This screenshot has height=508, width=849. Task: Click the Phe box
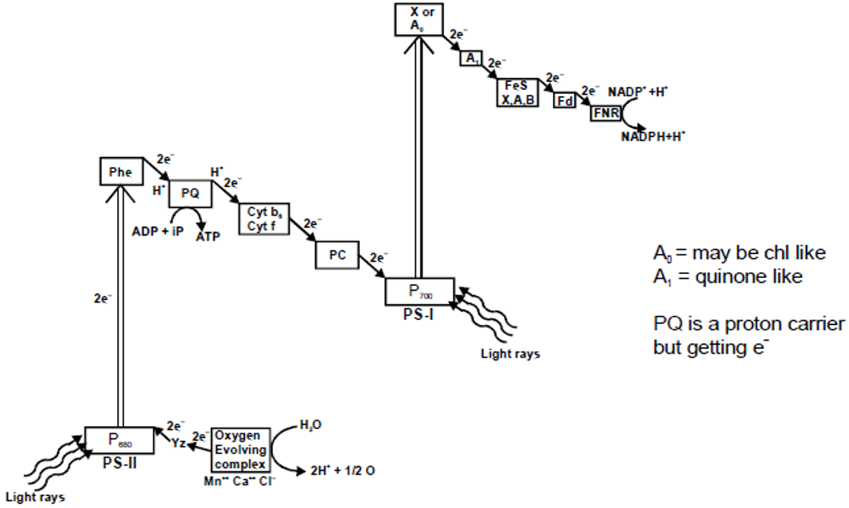click(121, 171)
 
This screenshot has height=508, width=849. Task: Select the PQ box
click(189, 192)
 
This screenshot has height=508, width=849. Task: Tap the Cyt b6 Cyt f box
click(262, 213)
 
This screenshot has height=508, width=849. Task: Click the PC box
click(337, 254)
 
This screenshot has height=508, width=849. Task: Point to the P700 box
click(419, 291)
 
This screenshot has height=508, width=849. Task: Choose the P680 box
click(118, 439)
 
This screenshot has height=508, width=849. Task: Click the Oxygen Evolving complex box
click(240, 449)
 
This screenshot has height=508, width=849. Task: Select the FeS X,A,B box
click(518, 93)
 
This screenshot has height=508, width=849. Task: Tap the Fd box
click(564, 102)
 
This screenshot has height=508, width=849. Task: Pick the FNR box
click(604, 113)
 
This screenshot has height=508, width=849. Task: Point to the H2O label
click(311, 426)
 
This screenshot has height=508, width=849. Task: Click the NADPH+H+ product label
click(654, 136)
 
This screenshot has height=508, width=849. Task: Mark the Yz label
click(178, 444)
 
